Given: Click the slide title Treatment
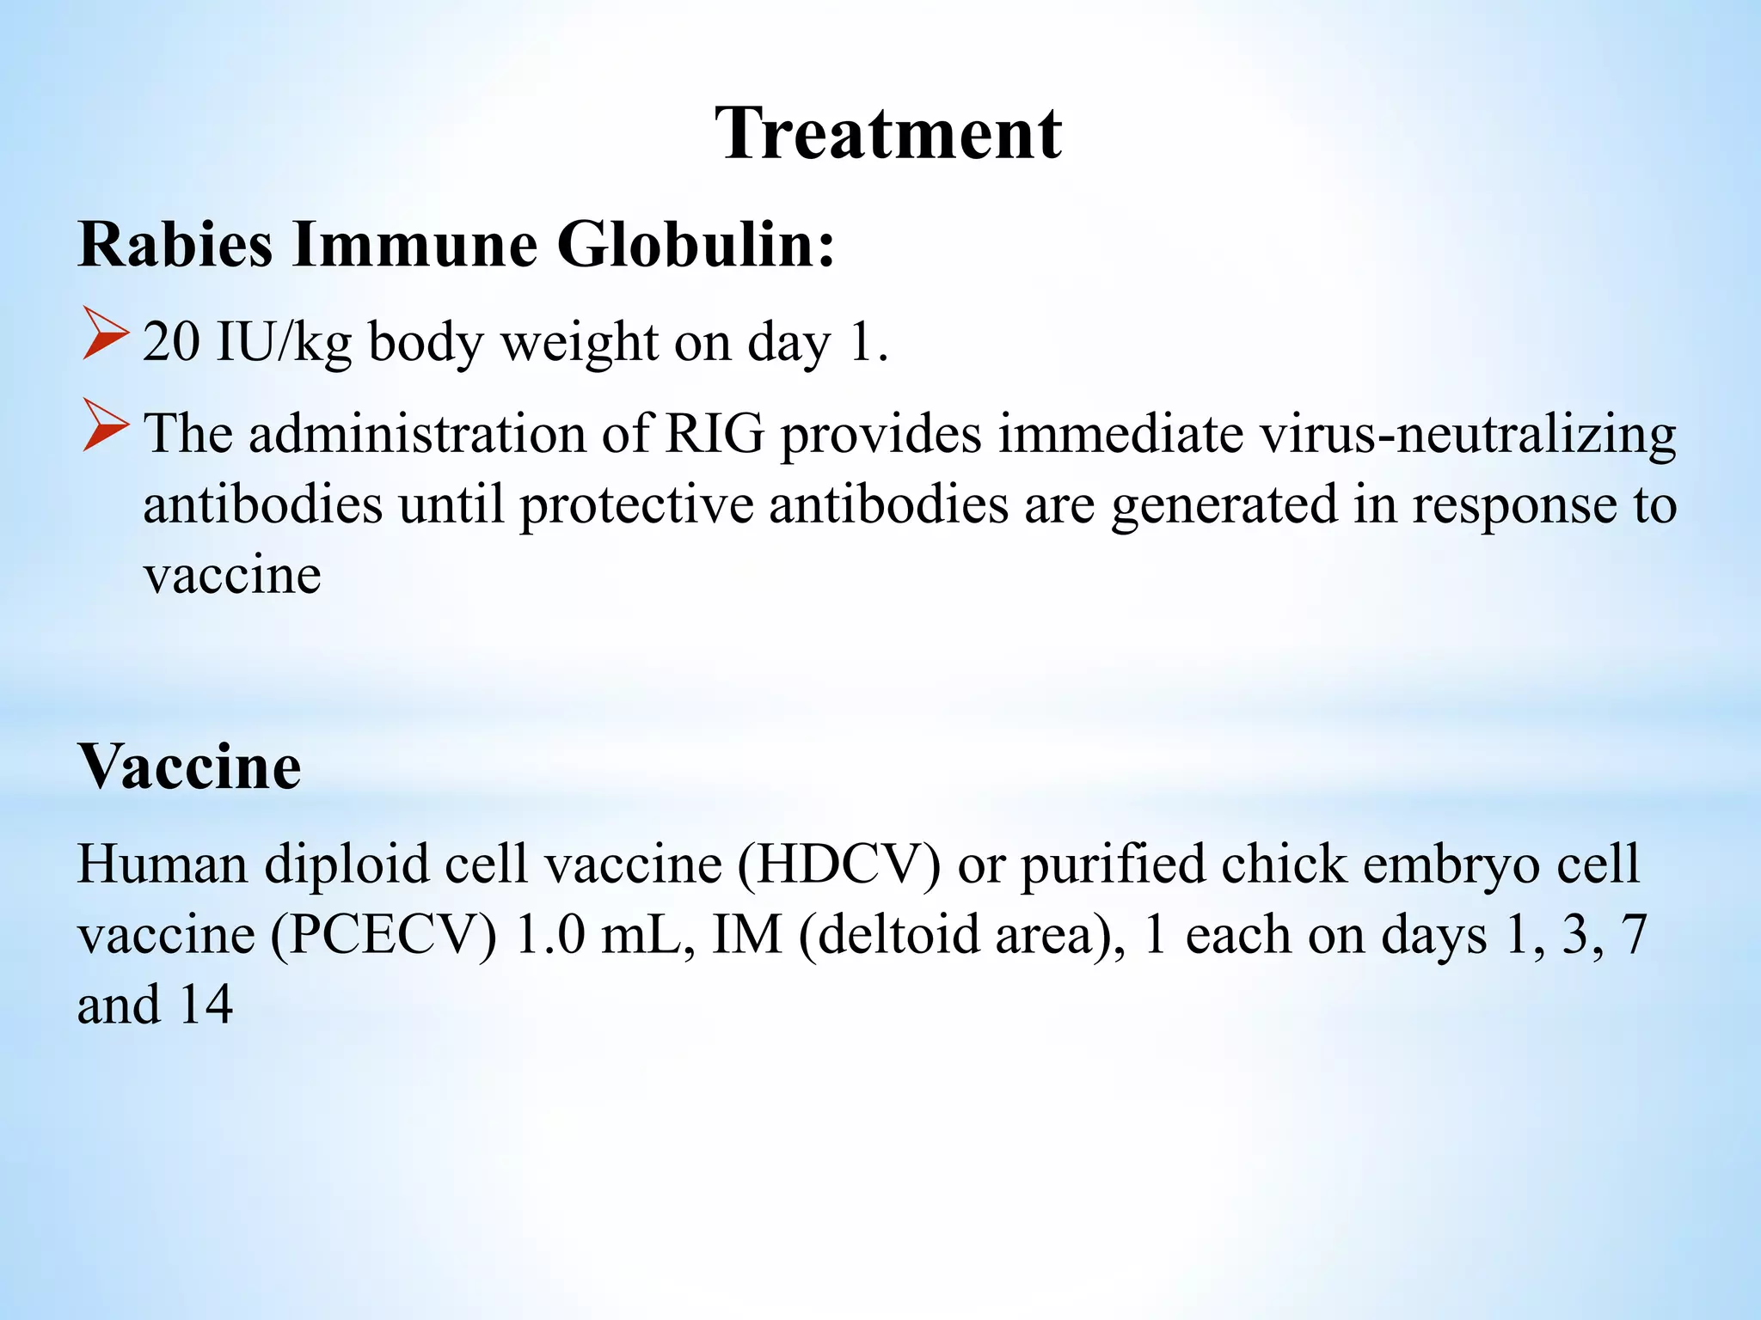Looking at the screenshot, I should point(888,134).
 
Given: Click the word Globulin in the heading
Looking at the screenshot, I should point(696,245).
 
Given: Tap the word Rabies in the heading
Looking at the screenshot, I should point(176,245).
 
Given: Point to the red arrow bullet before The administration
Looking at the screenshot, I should point(106,425).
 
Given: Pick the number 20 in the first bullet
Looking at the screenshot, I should point(171,342).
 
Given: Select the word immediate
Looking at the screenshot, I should point(1120,433).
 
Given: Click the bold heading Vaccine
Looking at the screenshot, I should point(190,766).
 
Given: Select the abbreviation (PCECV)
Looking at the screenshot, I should point(384,934).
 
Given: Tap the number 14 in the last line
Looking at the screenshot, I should point(206,1004).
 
